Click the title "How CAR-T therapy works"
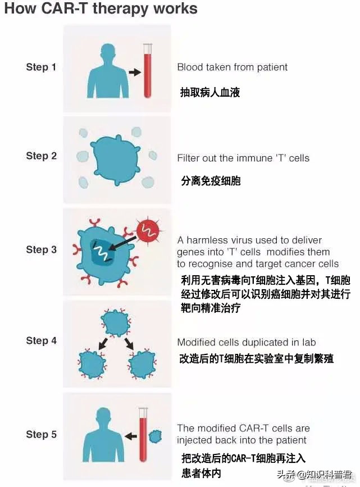point(101,9)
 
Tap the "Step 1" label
point(41,67)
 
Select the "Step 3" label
point(41,249)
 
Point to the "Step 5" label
point(41,434)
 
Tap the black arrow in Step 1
point(134,72)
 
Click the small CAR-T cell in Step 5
point(154,436)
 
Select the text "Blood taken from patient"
point(232,67)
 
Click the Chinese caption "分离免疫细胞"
point(211,181)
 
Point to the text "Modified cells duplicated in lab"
point(247,342)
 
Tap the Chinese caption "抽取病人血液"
point(209,92)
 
